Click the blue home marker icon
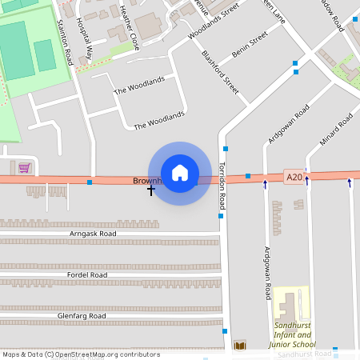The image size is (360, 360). [180, 173]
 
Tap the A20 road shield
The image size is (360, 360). [294, 176]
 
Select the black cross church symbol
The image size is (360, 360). [150, 190]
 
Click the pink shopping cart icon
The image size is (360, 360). [25, 168]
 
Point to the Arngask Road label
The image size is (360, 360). [93, 234]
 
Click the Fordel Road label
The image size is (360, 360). [88, 274]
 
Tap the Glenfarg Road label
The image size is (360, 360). [82, 316]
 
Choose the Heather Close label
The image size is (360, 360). [128, 26]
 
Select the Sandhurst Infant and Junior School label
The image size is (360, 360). [294, 334]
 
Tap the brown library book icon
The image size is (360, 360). [240, 346]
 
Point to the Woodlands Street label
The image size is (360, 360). [214, 24]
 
